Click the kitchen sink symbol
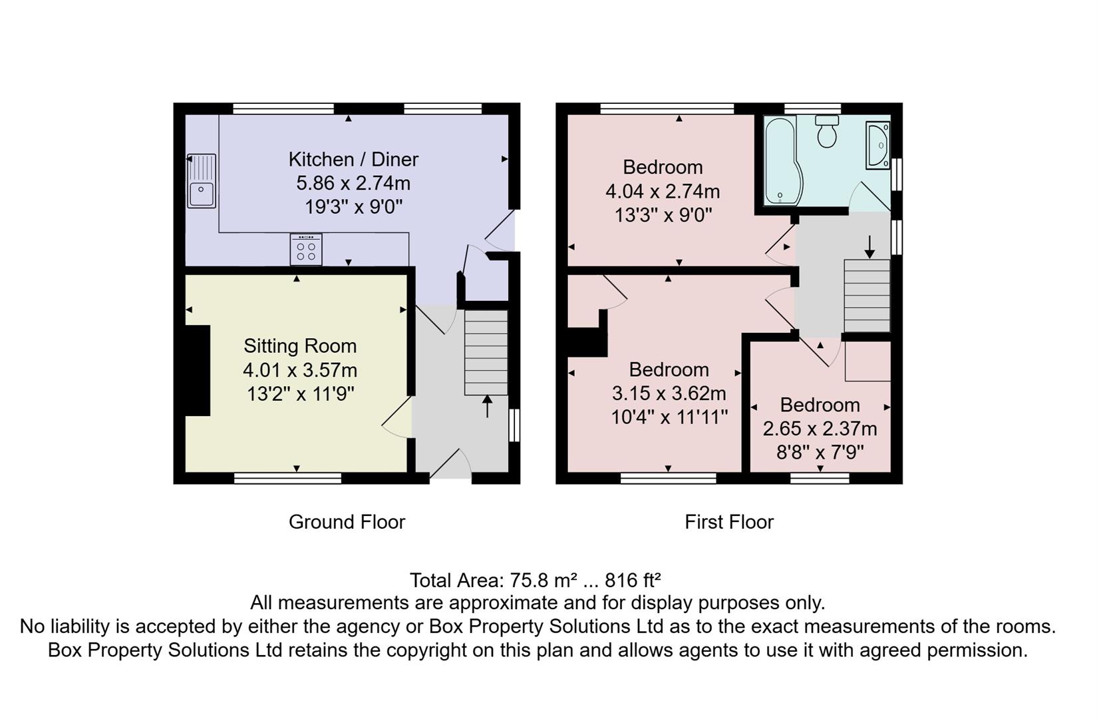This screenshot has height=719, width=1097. (202, 181)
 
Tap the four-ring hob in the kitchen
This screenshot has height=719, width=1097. (306, 250)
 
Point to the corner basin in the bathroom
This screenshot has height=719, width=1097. (877, 144)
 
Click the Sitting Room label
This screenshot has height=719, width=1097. (300, 346)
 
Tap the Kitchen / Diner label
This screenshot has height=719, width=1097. (353, 160)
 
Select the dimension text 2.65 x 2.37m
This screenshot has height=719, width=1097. (820, 429)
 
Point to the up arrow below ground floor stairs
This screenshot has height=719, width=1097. (487, 406)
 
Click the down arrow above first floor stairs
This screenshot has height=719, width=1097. (869, 246)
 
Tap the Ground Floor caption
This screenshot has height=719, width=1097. (347, 522)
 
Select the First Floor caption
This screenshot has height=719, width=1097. (729, 522)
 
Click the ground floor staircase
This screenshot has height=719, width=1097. (486, 354)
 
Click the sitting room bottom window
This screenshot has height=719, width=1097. (287, 477)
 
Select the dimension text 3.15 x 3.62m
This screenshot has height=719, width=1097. (669, 393)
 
